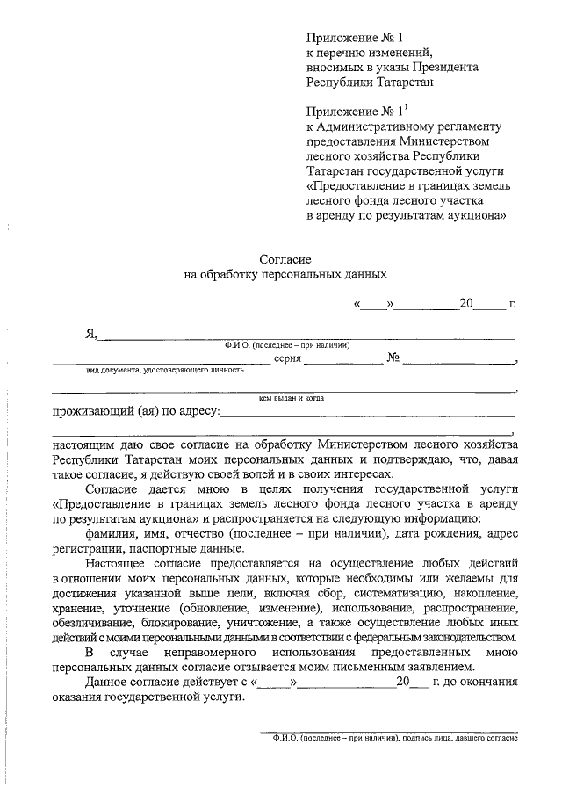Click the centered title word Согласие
point(285,258)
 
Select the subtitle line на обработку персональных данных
point(285,273)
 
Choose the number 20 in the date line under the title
point(466,304)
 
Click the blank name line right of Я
point(307,336)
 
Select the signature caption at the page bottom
point(395,739)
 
